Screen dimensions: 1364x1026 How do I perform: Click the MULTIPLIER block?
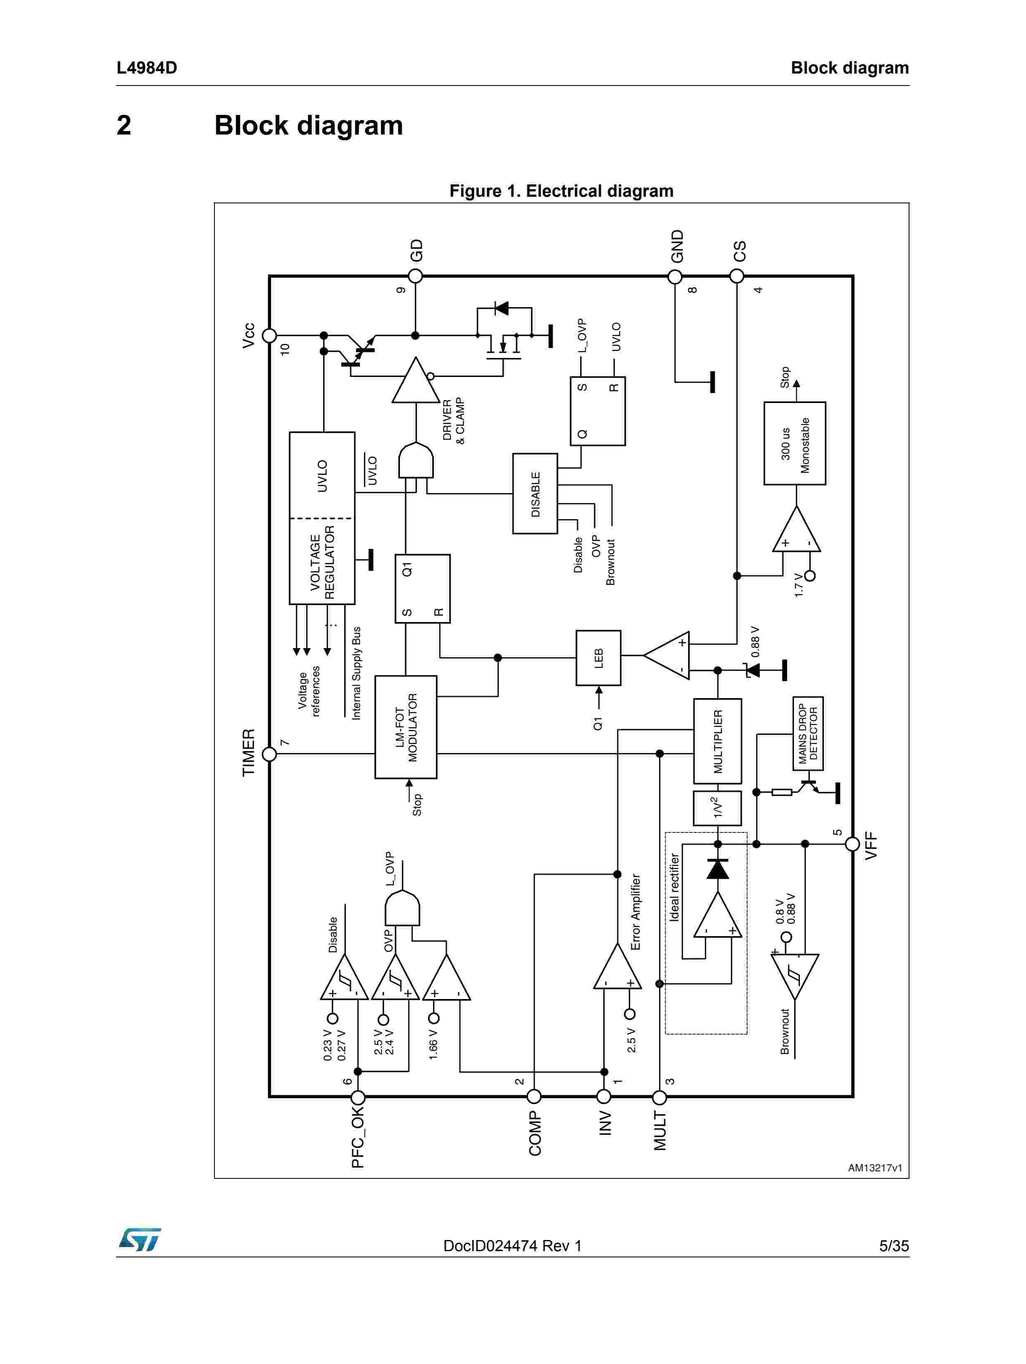(x=717, y=741)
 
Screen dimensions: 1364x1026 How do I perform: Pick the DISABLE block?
(x=535, y=493)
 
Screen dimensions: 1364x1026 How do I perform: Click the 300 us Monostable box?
(x=794, y=444)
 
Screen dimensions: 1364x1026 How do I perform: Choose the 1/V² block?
(x=717, y=808)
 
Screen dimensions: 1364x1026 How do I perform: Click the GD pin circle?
(x=416, y=276)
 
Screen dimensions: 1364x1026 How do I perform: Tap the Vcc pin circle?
(x=269, y=336)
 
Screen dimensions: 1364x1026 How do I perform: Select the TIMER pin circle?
(x=269, y=754)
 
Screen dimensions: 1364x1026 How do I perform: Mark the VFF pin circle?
(x=852, y=844)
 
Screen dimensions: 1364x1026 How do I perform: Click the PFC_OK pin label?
(x=357, y=1137)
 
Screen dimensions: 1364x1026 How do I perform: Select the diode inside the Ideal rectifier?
(x=717, y=869)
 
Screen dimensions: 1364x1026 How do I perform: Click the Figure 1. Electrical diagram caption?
(x=561, y=191)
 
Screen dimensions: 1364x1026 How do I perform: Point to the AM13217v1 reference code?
(x=874, y=1167)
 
